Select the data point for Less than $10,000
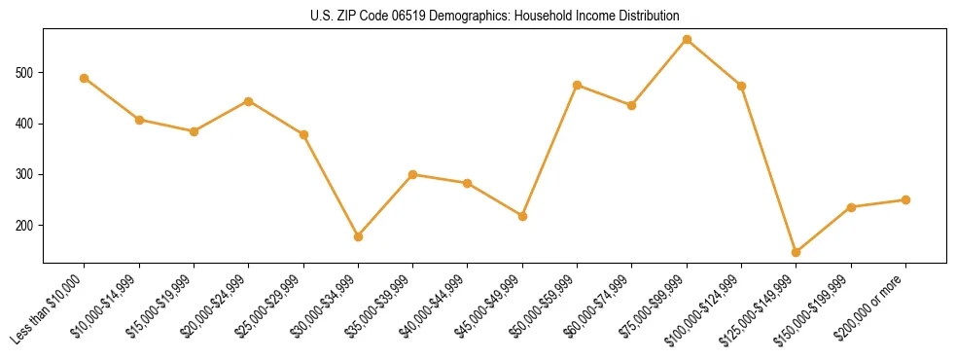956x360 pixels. (85, 78)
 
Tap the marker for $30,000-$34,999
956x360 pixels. (358, 236)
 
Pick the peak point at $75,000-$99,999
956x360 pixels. (687, 39)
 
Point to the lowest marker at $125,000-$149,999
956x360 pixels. (796, 252)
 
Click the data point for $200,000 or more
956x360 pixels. (905, 199)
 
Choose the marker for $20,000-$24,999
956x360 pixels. (249, 101)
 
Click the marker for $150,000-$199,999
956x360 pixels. (851, 207)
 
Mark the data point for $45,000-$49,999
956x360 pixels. (522, 216)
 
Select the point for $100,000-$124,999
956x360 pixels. (741, 86)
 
